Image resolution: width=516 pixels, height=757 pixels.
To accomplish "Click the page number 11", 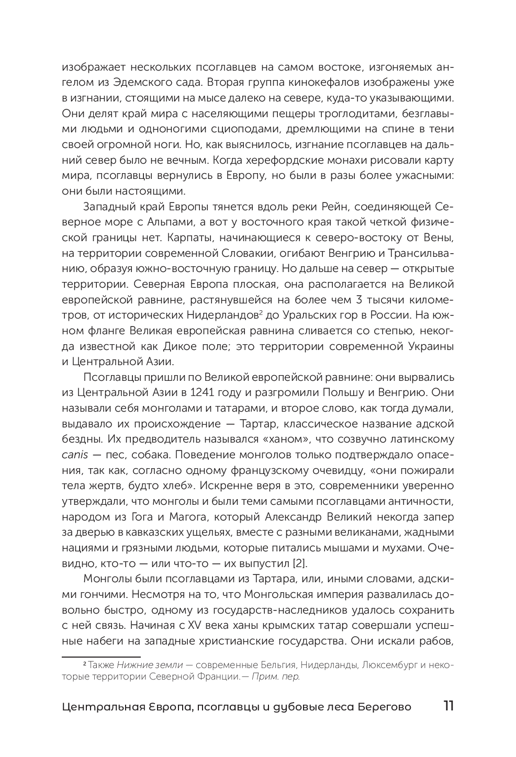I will pyautogui.click(x=448, y=706).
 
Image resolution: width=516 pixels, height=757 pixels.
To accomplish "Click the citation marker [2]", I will pyautogui.click(x=299, y=564).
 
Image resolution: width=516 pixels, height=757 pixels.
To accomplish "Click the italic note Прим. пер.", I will pyautogui.click(x=276, y=676).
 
